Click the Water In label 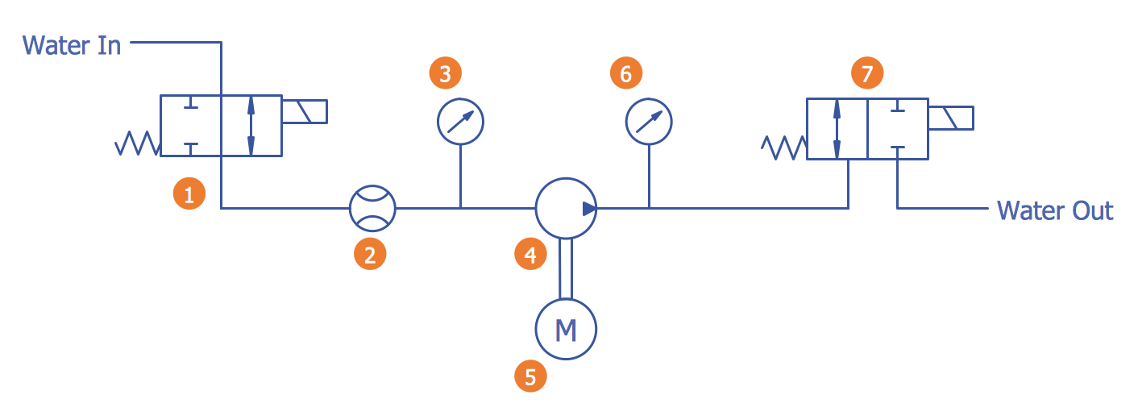72,44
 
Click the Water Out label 1054,210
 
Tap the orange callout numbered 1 189,194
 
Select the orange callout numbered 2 370,255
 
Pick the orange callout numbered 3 445,73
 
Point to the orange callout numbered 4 530,255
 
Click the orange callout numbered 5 530,376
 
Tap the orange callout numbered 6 625,73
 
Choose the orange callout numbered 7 867,74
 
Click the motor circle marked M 566,329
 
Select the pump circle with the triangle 566,208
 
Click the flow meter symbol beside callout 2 372,208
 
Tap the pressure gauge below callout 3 460,122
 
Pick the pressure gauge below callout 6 649,122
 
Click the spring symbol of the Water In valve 138,144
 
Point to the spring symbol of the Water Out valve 784,148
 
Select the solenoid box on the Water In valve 304,111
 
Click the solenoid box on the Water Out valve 950,118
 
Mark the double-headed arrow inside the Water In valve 251,125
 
